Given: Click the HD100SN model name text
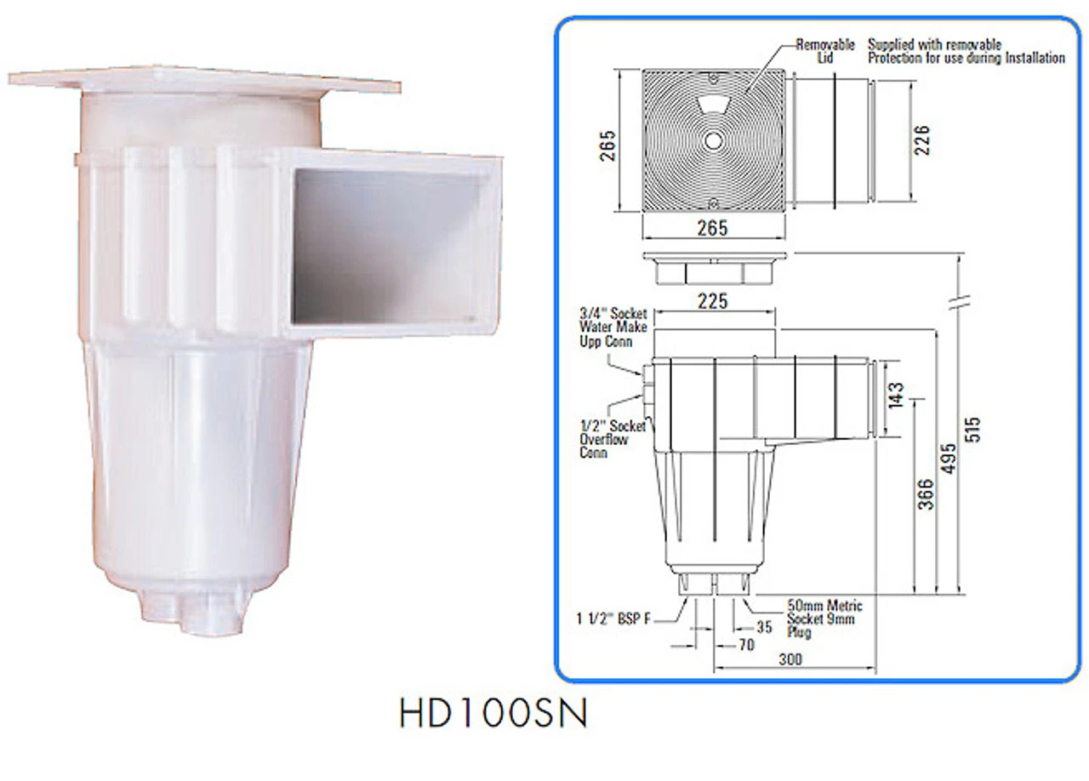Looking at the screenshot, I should pyautogui.click(x=493, y=714).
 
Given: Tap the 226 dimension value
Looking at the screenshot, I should pyautogui.click(x=923, y=140).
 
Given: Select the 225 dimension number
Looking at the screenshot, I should pyautogui.click(x=712, y=301).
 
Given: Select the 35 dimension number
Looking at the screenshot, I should pyautogui.click(x=764, y=628).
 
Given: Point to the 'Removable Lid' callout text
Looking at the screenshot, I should pyautogui.click(x=824, y=51).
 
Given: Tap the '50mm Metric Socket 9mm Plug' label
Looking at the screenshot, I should pyautogui.click(x=824, y=619).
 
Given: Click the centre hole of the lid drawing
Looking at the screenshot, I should pyautogui.click(x=713, y=139).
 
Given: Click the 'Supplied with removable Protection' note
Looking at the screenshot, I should pyautogui.click(x=965, y=51).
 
